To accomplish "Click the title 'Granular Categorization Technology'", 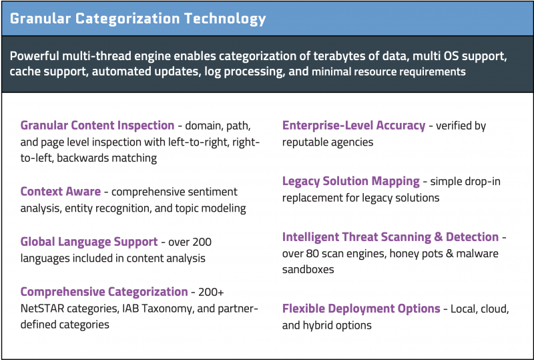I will [138, 18].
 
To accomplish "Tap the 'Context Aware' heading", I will [60, 192].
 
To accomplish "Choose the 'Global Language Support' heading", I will [89, 242].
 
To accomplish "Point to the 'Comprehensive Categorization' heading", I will [104, 291].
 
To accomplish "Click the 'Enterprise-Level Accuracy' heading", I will [354, 126].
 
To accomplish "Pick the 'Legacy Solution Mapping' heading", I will [350, 181].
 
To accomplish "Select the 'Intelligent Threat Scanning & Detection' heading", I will [390, 237].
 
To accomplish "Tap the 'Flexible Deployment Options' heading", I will [361, 309].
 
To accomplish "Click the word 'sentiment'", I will [214, 192].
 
